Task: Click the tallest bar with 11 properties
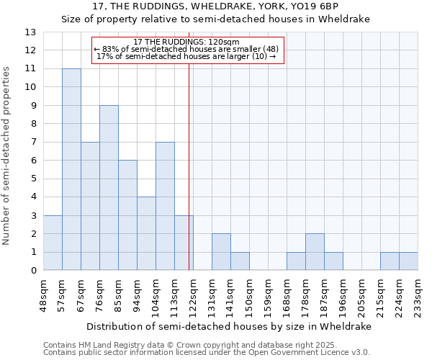[71, 169]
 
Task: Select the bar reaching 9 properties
[109, 188]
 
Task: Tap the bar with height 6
[127, 215]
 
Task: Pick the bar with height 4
[146, 233]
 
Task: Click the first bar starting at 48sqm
[53, 243]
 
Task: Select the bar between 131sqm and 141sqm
[221, 252]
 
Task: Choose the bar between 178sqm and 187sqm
[315, 252]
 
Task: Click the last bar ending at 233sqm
[408, 261]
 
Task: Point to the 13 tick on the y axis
[31, 32]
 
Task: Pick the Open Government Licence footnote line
[207, 353]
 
